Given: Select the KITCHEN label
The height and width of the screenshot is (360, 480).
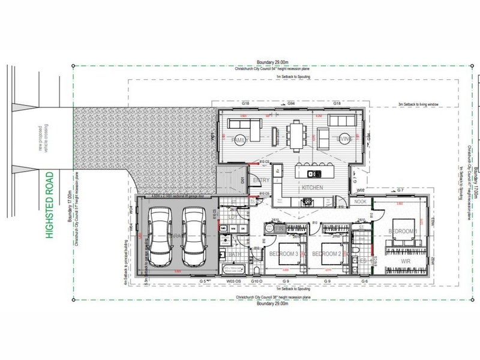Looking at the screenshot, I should point(313,188).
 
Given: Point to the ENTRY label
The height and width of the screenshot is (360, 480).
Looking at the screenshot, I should point(261,180).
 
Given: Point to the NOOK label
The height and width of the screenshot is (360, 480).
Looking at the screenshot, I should point(361,202).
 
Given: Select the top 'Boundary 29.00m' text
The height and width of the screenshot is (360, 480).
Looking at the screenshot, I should point(273,64).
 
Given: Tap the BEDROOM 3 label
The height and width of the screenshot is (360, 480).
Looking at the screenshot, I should point(283,254).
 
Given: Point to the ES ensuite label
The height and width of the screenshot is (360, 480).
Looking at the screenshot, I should point(363,260).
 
